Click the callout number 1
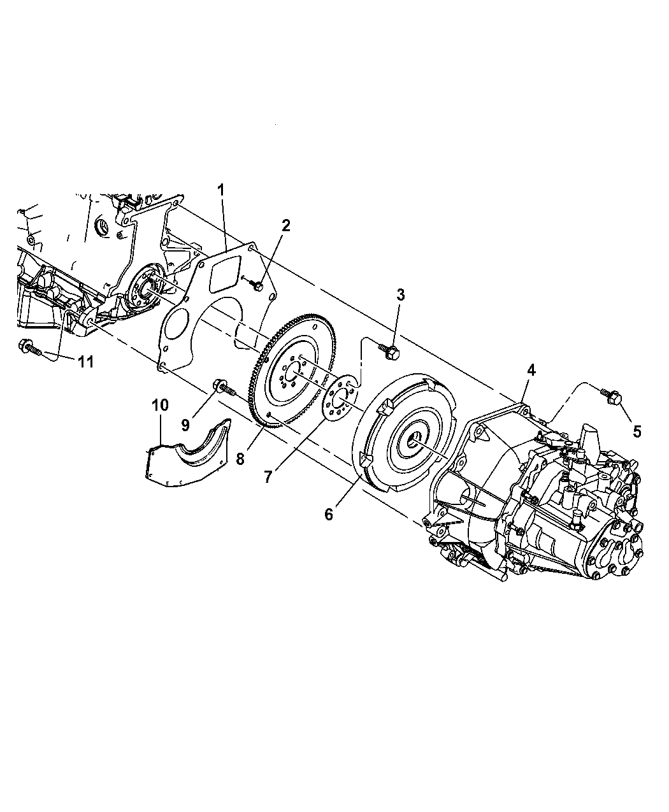(221, 190)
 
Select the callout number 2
(286, 225)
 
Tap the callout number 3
(401, 295)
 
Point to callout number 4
(531, 369)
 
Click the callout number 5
(637, 431)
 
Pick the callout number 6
(329, 515)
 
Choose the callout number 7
(268, 477)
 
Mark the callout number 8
(240, 459)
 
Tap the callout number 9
(185, 425)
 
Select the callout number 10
(160, 405)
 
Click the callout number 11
(85, 362)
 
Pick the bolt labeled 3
(388, 352)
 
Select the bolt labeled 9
(224, 387)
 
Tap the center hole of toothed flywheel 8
(292, 372)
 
